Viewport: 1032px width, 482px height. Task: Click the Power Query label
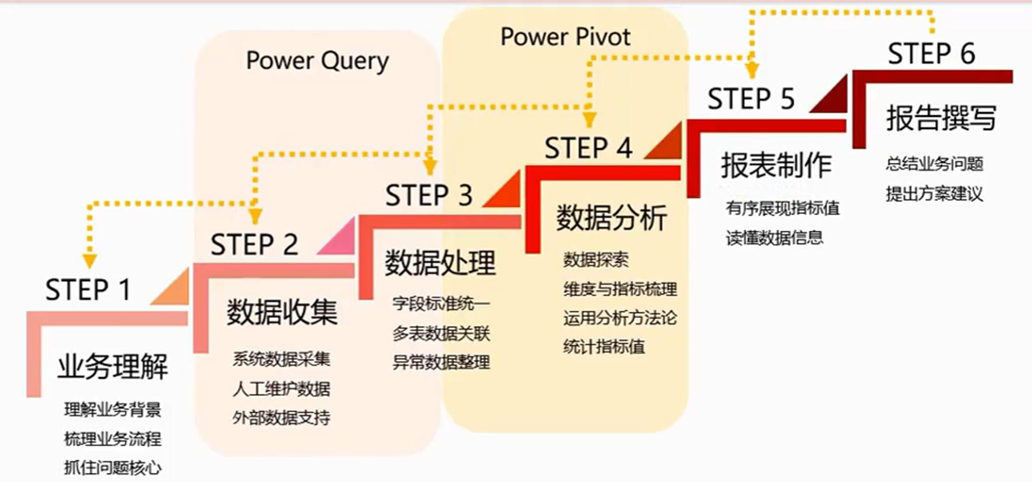(317, 61)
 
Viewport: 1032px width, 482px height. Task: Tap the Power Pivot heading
(565, 37)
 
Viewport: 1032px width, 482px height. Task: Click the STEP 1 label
(88, 290)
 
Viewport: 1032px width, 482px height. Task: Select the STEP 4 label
(588, 149)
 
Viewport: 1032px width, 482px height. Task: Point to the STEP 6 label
(931, 54)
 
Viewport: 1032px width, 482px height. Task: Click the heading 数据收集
(282, 313)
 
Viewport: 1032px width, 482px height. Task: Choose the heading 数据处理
(440, 264)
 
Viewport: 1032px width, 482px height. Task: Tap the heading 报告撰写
(941, 118)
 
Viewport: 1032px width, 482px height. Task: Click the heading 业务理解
(112, 367)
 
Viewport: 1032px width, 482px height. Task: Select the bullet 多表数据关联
(441, 333)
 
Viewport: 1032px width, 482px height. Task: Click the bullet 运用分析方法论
(620, 318)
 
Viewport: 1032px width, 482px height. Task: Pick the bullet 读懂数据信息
(774, 238)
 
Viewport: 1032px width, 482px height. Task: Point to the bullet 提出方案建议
(934, 194)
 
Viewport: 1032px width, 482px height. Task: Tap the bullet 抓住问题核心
(112, 468)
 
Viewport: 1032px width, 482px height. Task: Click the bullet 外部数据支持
(281, 418)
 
